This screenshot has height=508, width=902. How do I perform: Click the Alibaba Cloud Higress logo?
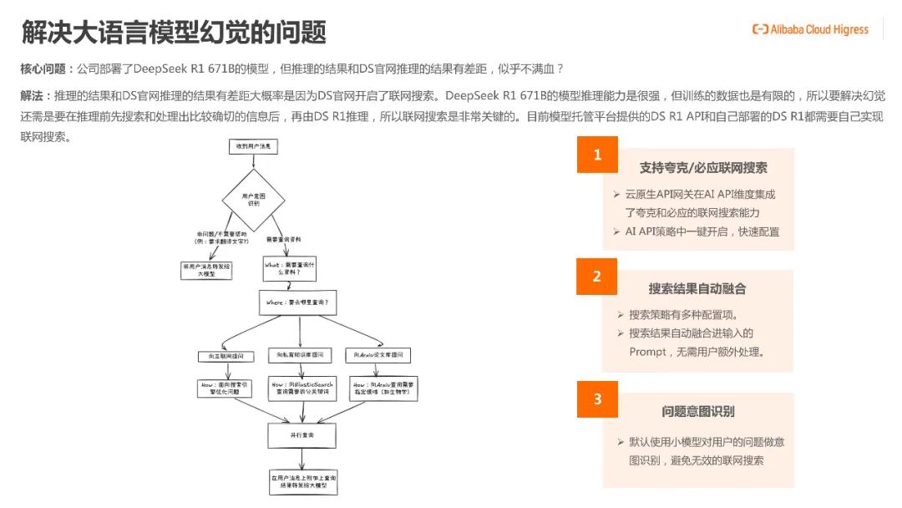click(809, 30)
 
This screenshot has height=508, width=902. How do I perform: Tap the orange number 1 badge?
click(597, 155)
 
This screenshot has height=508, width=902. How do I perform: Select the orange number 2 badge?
click(597, 277)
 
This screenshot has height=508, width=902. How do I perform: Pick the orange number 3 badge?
click(597, 399)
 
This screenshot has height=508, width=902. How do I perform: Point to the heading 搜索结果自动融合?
click(697, 289)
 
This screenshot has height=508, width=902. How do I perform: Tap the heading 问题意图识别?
click(697, 411)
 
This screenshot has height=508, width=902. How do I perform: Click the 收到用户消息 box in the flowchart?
click(254, 146)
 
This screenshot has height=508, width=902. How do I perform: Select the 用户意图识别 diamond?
click(254, 199)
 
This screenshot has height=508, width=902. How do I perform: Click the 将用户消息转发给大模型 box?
click(206, 269)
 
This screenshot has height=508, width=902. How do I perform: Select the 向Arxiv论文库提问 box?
click(380, 356)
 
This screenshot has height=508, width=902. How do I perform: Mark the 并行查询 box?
click(302, 435)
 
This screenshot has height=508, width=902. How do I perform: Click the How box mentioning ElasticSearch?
click(302, 389)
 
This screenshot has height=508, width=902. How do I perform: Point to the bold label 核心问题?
click(46, 68)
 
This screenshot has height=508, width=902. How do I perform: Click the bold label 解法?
click(34, 96)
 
